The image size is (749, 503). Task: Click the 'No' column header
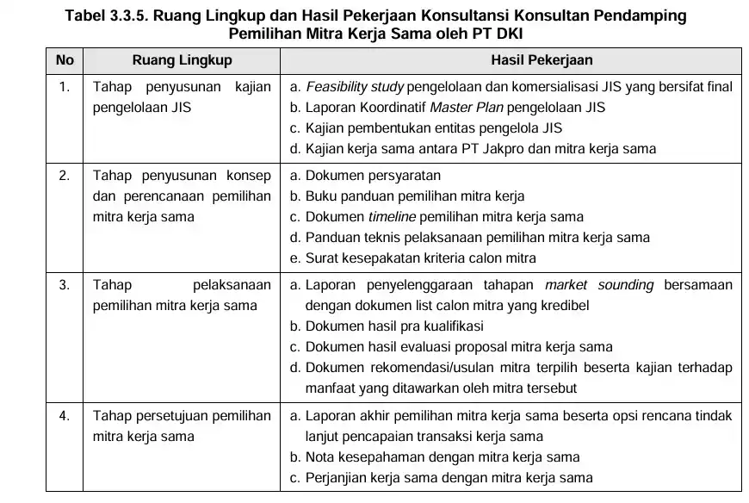coord(64,60)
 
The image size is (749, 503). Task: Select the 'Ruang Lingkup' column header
coord(182,60)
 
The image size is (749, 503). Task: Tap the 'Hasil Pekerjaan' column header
coord(512,60)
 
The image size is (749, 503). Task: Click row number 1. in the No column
coord(64,87)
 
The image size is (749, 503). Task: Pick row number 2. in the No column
coord(64,176)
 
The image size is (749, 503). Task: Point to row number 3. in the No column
coord(64,285)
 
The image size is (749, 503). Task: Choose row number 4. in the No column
coord(64,416)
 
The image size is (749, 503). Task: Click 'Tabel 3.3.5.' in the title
coord(102,16)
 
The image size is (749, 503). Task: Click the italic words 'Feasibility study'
coord(354,87)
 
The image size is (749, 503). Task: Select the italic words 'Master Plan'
coord(466,108)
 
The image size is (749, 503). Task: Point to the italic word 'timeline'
coord(392,217)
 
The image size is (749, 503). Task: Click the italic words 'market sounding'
coord(599,285)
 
